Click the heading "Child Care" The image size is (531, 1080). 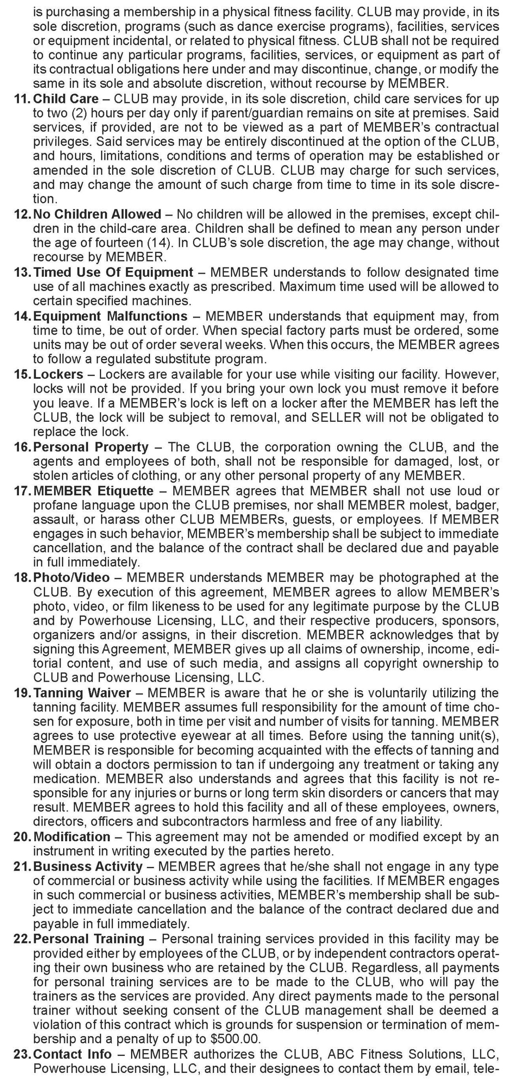(x=66, y=99)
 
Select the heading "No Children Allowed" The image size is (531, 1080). (x=97, y=214)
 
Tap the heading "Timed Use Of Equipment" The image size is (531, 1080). (x=113, y=272)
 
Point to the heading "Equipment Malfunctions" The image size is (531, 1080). (x=110, y=316)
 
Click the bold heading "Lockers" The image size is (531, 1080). (x=58, y=374)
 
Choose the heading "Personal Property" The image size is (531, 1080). (x=91, y=447)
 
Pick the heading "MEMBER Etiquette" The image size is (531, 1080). (x=93, y=491)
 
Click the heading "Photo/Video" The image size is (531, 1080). (x=71, y=578)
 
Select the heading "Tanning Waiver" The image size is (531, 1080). (x=82, y=693)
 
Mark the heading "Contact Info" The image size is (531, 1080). (x=72, y=1054)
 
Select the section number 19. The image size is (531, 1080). (x=21, y=693)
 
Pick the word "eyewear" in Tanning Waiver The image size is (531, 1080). (x=194, y=736)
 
